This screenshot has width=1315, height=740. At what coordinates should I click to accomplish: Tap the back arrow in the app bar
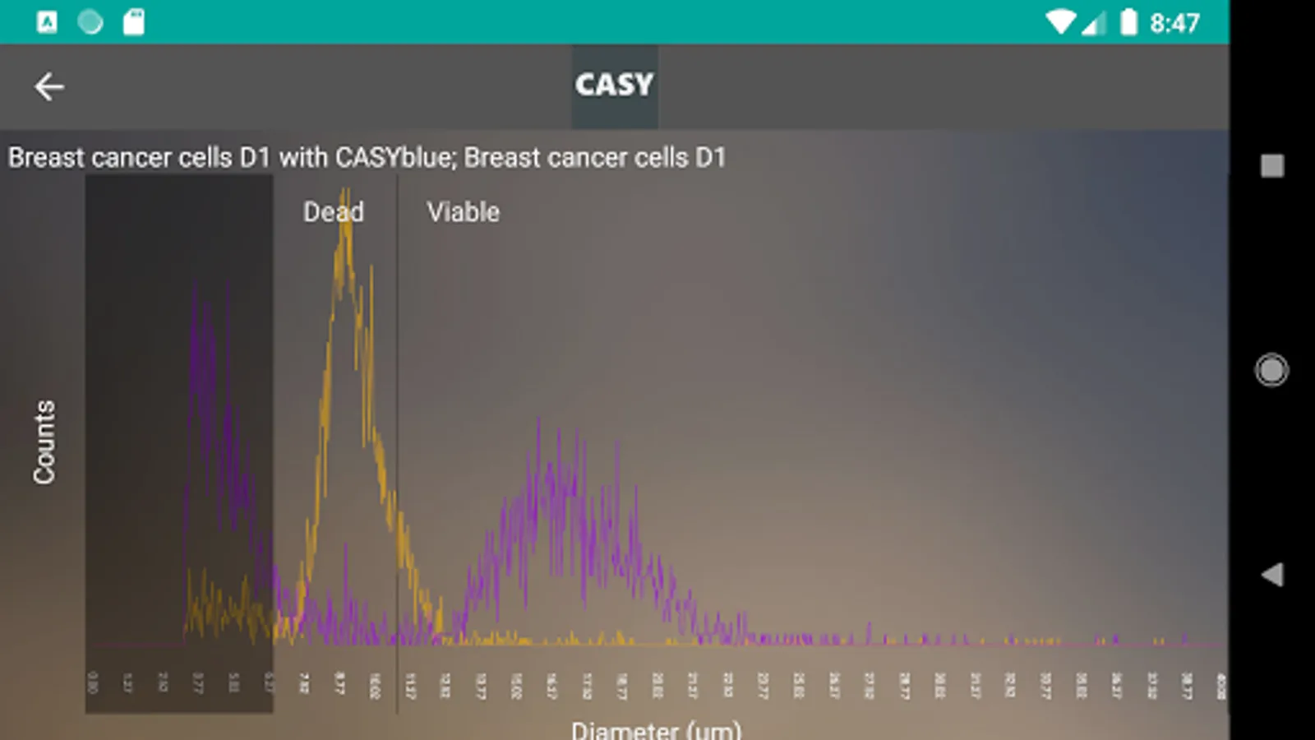tap(49, 86)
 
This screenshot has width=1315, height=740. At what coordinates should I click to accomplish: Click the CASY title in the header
tap(614, 85)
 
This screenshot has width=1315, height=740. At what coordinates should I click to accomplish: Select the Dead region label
tap(333, 212)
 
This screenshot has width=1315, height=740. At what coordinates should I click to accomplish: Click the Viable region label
tap(463, 212)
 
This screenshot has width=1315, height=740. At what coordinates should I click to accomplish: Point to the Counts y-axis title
tap(44, 442)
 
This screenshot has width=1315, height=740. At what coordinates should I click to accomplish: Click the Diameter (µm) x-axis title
tap(656, 728)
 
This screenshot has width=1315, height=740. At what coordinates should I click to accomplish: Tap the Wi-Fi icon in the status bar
tap(1060, 22)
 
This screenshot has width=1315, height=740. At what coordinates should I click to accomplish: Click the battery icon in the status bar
tap(1129, 22)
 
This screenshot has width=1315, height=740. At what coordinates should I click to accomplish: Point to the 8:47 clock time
tap(1174, 23)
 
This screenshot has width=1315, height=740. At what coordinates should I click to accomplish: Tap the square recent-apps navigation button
tap(1271, 166)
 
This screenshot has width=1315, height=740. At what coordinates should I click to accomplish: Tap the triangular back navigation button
tap(1271, 575)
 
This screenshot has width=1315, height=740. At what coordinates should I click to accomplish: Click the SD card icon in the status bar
tap(133, 22)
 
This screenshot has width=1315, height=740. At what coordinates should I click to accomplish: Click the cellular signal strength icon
tap(1094, 23)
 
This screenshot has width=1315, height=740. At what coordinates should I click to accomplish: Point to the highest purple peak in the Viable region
tap(539, 420)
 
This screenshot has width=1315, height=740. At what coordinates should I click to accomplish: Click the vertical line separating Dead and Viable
tap(397, 444)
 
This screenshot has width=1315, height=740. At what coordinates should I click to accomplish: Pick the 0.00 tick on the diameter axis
tap(92, 682)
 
